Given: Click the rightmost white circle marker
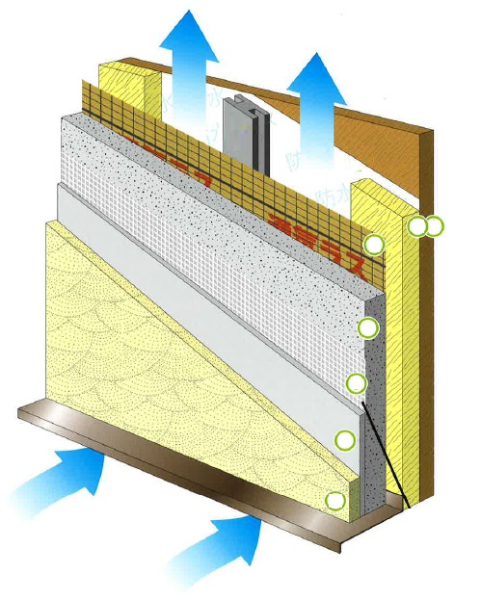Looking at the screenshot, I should (x=435, y=226).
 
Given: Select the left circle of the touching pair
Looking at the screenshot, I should (x=417, y=226).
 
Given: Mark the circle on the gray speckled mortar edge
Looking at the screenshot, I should (x=367, y=328).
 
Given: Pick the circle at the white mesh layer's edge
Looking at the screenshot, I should (x=357, y=384).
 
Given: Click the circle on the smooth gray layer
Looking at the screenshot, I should (x=345, y=440).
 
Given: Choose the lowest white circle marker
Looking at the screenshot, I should (x=334, y=501).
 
